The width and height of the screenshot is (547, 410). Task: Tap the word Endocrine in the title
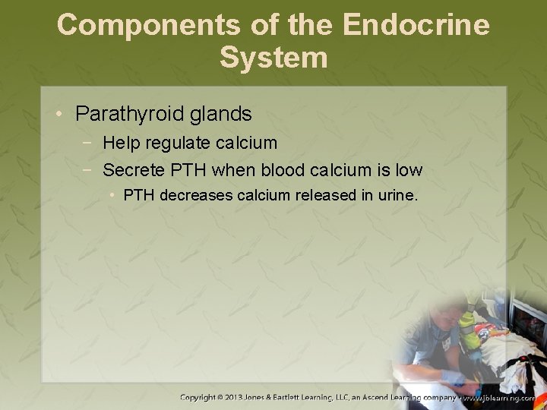(416, 25)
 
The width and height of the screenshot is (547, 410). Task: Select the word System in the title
(273, 58)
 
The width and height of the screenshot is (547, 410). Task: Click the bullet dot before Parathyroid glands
(58, 115)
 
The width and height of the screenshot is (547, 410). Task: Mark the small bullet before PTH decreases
(112, 195)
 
